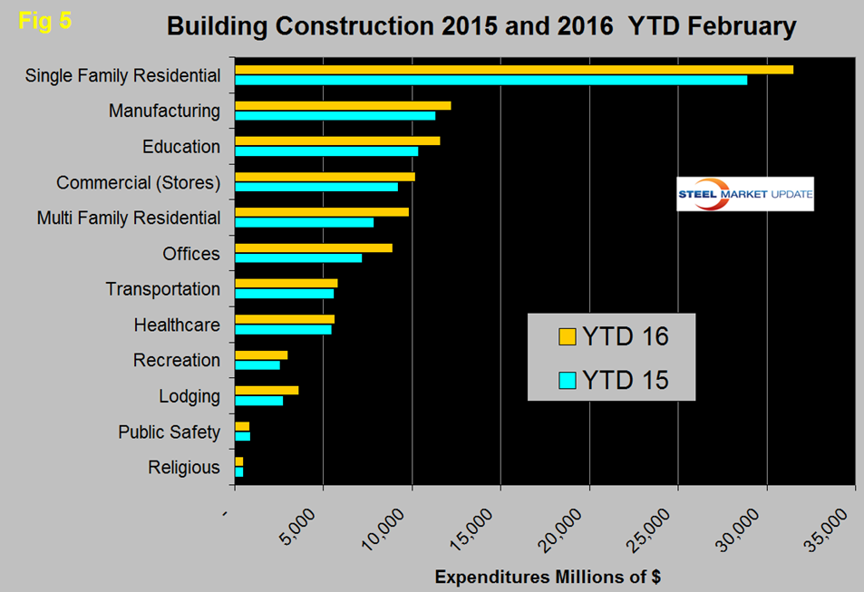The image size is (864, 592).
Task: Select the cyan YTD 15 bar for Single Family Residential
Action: (x=490, y=80)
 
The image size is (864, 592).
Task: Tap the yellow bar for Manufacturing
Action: (x=343, y=105)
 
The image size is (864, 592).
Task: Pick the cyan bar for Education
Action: (x=326, y=150)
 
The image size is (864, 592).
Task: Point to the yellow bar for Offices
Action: (x=314, y=247)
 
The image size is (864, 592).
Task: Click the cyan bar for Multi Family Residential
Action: (x=304, y=222)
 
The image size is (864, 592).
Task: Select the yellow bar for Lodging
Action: (x=267, y=390)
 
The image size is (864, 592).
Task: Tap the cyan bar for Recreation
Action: (x=257, y=364)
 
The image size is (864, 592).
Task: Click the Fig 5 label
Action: (x=44, y=20)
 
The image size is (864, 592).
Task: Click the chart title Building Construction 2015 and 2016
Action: (x=481, y=26)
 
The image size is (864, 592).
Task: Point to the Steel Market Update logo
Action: (x=745, y=193)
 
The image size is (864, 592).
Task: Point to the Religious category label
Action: (x=184, y=468)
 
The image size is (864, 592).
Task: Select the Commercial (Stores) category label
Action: (x=138, y=182)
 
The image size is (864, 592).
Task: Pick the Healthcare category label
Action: (x=177, y=325)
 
